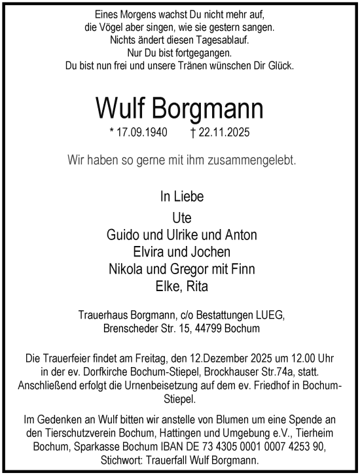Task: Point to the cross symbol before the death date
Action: tap(193, 132)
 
